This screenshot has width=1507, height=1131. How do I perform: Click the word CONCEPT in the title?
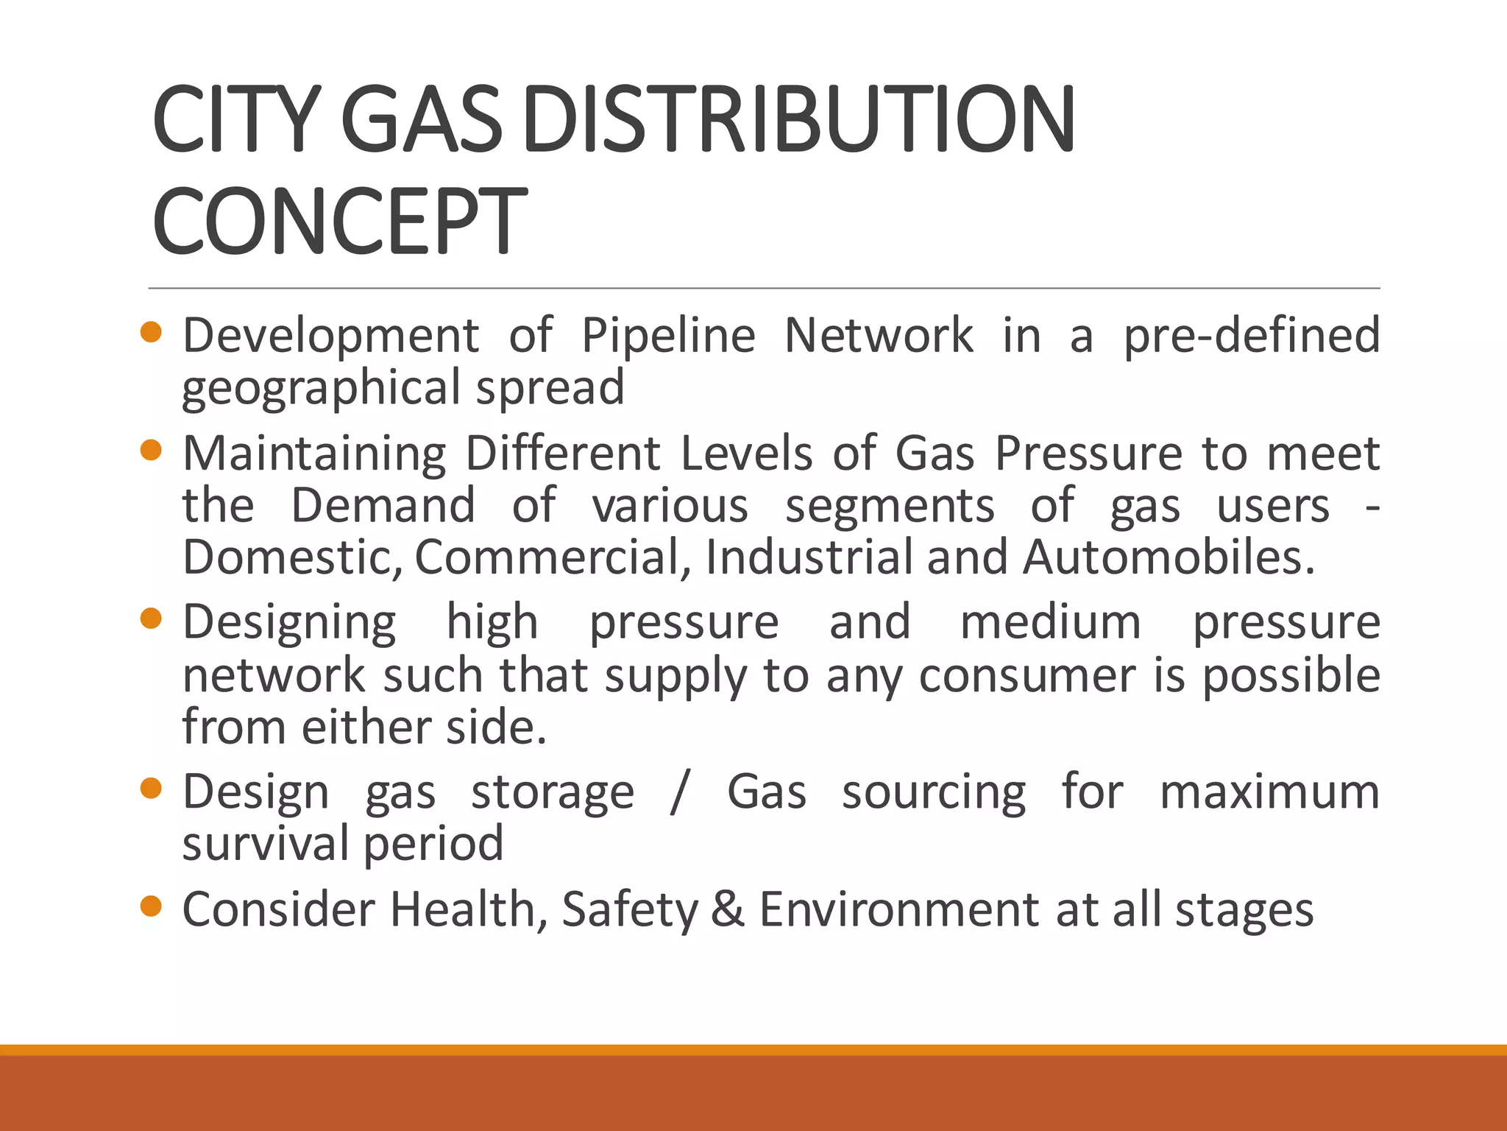click(339, 220)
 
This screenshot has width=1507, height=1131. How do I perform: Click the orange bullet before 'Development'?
click(151, 332)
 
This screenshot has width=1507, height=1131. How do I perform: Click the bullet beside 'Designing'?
click(151, 619)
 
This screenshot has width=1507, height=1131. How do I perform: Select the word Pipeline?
click(668, 336)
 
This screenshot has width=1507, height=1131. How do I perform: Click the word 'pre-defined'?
click(1251, 336)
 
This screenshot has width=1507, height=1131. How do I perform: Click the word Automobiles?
click(1169, 557)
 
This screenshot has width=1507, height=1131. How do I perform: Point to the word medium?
click(1051, 622)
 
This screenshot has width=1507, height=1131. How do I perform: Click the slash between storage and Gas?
click(680, 792)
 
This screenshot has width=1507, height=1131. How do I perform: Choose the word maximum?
click(1269, 792)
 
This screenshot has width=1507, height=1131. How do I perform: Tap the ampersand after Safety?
click(728, 909)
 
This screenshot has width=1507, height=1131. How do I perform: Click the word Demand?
click(383, 506)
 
